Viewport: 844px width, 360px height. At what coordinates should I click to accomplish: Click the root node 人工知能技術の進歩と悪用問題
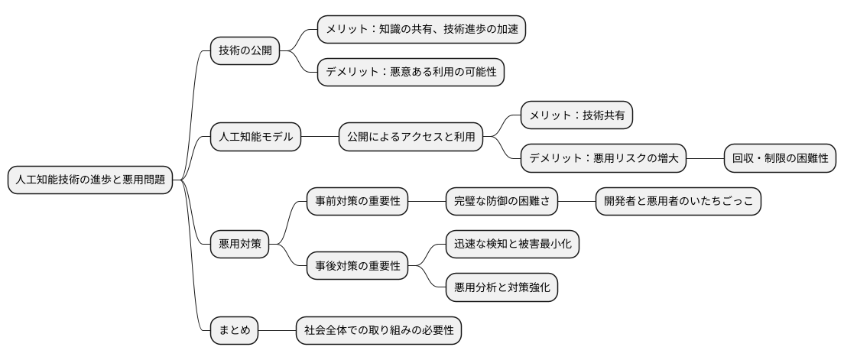89,180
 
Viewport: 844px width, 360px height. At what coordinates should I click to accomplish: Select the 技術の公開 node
244,51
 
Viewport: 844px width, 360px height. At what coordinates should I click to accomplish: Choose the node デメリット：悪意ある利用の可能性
411,73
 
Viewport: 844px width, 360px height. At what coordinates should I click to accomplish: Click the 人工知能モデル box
255,138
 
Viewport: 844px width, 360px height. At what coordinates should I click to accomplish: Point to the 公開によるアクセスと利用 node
411,138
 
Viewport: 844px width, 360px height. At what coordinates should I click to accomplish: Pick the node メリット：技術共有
577,116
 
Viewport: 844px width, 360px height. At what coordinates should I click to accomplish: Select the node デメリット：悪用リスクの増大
603,159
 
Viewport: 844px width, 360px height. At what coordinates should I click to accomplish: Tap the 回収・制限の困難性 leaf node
780,159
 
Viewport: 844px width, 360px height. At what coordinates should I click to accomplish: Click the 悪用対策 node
239,245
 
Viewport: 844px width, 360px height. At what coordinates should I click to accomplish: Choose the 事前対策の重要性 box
357,202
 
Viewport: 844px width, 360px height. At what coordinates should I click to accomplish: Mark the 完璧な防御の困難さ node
502,202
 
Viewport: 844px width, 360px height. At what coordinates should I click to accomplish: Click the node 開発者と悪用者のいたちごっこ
678,202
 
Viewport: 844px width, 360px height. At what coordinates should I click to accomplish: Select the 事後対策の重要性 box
357,266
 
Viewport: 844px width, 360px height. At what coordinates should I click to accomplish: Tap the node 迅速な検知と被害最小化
512,245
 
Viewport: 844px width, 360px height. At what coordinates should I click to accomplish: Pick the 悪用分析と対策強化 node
502,287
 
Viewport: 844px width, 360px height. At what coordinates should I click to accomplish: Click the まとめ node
234,331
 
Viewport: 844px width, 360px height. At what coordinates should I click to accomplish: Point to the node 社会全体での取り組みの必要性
379,331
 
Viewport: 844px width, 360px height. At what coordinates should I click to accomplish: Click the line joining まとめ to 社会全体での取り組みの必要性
278,331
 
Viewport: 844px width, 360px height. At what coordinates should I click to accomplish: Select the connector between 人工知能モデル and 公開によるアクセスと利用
320,138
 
